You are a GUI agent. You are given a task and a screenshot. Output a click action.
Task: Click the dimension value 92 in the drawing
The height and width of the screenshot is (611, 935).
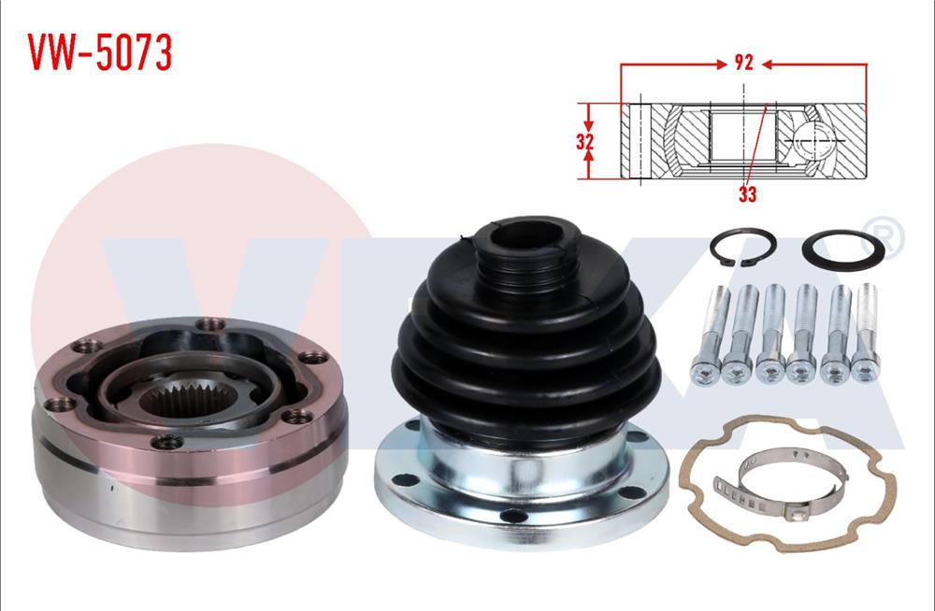click(x=744, y=64)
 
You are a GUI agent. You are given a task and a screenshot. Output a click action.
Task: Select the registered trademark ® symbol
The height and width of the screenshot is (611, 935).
click(x=888, y=236)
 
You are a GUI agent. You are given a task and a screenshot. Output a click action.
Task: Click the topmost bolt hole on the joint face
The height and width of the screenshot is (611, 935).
click(x=207, y=325)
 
